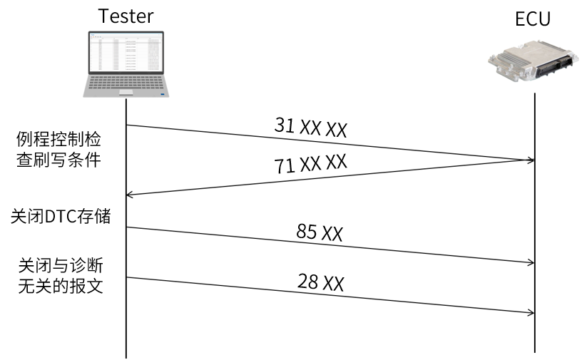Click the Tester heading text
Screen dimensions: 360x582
[126, 15]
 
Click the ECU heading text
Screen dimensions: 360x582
[533, 19]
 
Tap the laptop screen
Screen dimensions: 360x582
[126, 54]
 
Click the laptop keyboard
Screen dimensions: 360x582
[126, 85]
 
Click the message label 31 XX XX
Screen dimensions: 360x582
[310, 128]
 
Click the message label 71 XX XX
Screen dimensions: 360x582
[310, 164]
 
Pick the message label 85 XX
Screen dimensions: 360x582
[320, 232]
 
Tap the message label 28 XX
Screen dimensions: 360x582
[320, 283]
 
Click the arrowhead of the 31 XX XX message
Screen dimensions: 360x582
[531, 160]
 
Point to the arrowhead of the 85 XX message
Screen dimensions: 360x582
[531, 263]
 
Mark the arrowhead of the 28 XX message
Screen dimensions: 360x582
[531, 312]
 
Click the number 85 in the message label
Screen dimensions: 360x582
[307, 232]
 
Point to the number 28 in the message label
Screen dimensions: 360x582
[308, 282]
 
